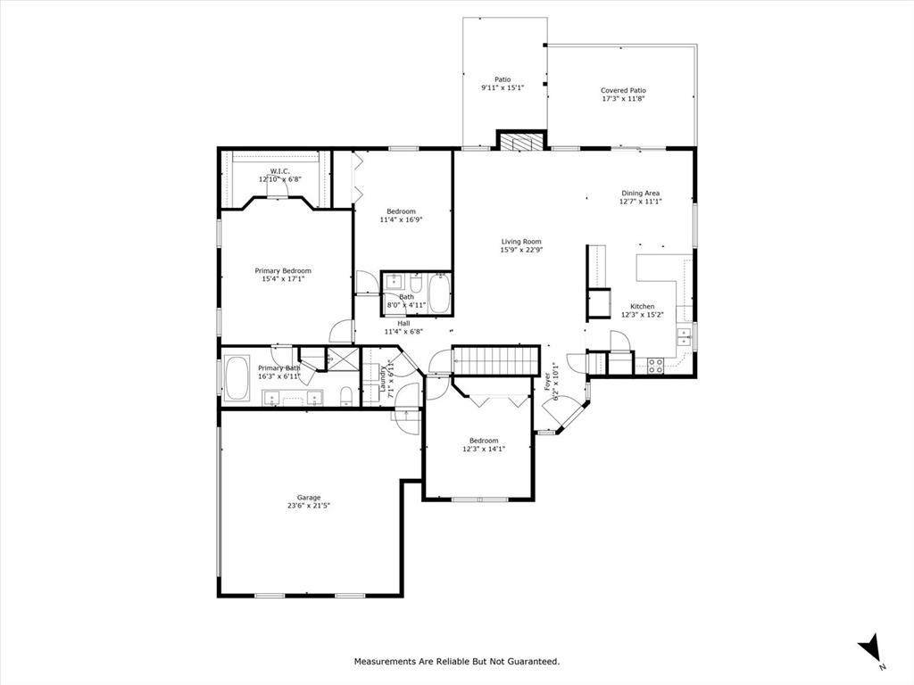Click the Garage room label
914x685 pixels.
click(x=309, y=498)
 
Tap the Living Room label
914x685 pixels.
click(x=520, y=242)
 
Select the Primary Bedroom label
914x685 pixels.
click(x=283, y=270)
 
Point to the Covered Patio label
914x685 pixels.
click(x=623, y=90)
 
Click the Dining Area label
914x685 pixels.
click(x=641, y=193)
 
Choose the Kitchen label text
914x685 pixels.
click(x=643, y=306)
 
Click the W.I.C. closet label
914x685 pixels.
click(x=279, y=171)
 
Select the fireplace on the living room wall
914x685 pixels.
click(x=520, y=140)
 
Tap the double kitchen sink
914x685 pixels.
click(x=685, y=336)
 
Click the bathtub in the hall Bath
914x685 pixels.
click(x=440, y=293)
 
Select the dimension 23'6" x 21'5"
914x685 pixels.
click(x=309, y=506)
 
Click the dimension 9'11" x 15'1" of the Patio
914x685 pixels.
click(x=503, y=87)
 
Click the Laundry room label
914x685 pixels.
click(x=382, y=380)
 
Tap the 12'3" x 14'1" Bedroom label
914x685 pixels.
click(x=484, y=441)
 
